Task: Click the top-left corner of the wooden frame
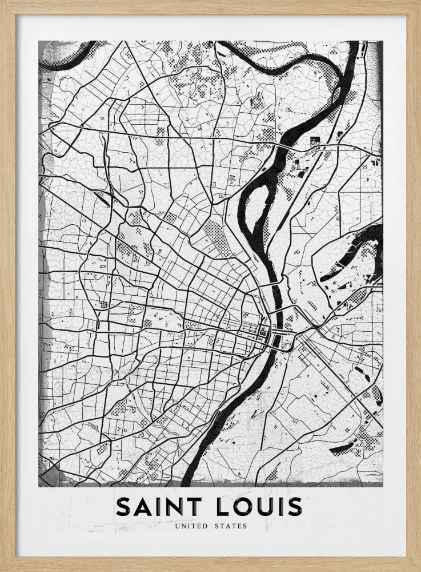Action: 2,2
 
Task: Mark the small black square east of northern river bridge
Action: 314,141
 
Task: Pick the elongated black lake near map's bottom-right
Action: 360,372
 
